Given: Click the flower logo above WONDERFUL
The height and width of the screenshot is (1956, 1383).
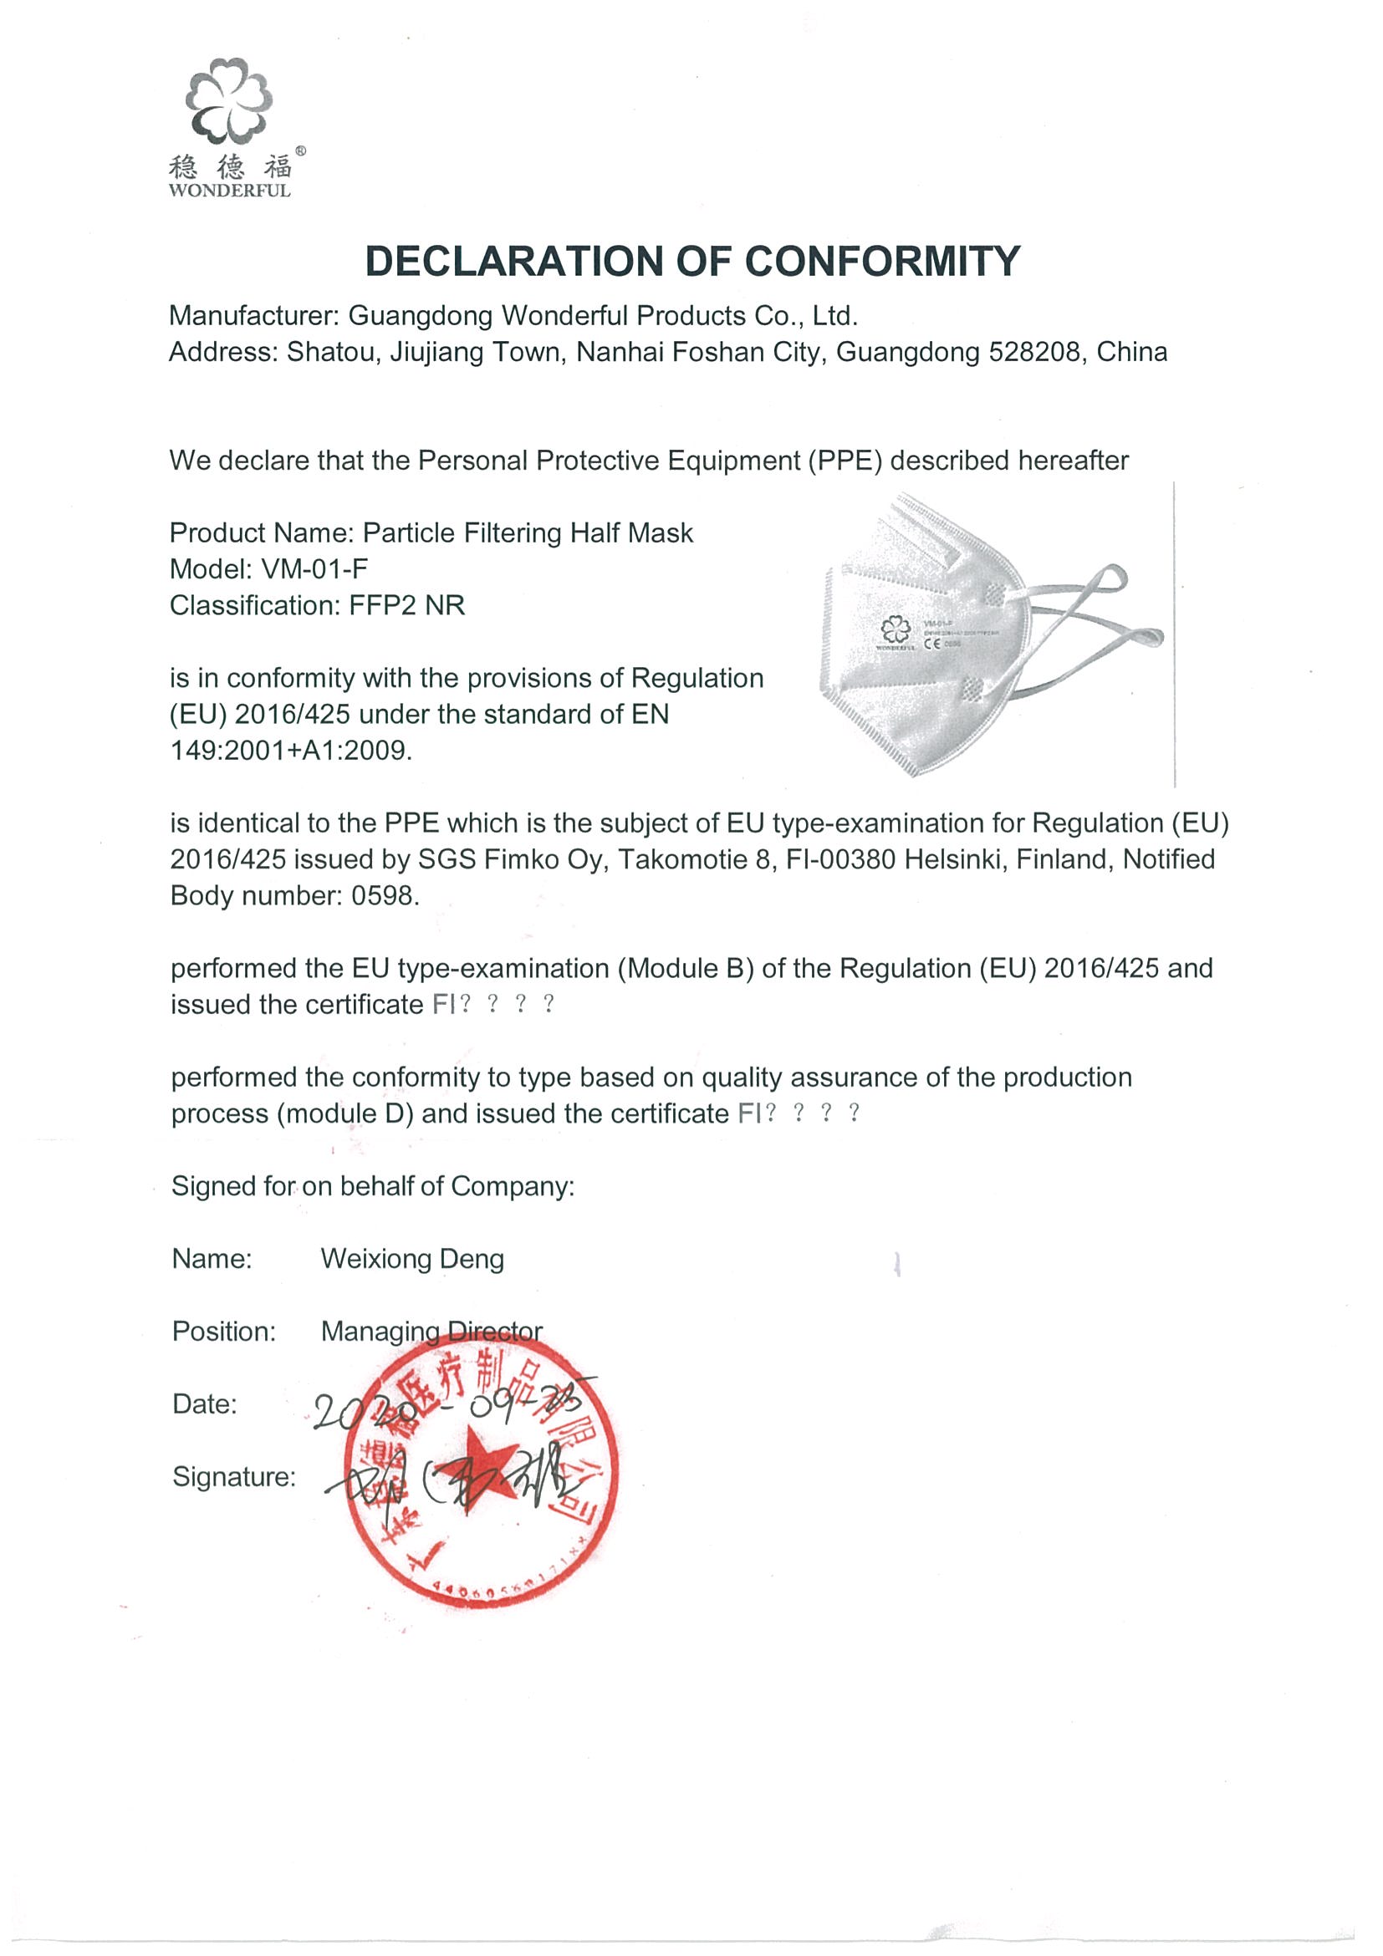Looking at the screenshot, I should (228, 100).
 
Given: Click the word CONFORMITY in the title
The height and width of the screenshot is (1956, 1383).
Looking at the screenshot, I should (882, 262).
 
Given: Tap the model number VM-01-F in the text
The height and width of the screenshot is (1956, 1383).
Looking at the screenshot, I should (314, 569).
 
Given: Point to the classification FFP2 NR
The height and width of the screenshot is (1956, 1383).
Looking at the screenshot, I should (406, 606).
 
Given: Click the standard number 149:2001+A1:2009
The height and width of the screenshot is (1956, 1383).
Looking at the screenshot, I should (291, 751).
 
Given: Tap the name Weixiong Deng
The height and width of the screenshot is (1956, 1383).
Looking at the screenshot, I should (412, 1259).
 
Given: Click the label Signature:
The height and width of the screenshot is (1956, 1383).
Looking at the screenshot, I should (233, 1476).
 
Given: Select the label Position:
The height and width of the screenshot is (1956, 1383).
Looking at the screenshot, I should (224, 1332).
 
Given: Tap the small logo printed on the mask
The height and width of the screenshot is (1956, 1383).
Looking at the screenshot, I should (895, 630).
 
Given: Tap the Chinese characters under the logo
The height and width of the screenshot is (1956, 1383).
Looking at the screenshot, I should (229, 166).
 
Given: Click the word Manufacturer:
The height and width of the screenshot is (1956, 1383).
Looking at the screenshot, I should (254, 316).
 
